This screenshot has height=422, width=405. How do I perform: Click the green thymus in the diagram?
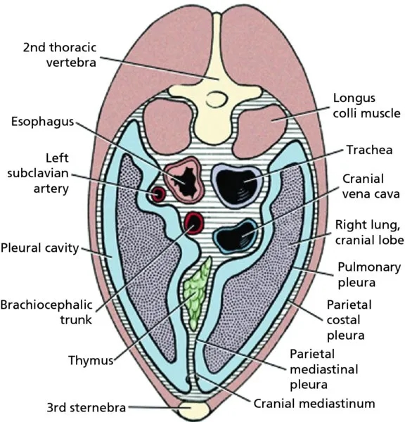click(x=196, y=293)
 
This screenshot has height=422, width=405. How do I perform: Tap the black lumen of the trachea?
click(x=236, y=186)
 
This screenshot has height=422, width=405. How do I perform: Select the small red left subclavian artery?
click(x=158, y=194)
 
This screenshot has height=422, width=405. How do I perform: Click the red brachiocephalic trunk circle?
click(x=194, y=223)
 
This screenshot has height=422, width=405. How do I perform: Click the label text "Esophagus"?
click(x=42, y=122)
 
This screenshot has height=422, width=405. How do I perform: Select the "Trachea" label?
click(x=369, y=150)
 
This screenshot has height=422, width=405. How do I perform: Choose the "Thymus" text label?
click(x=91, y=360)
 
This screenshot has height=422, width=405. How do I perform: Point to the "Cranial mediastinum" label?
click(x=314, y=404)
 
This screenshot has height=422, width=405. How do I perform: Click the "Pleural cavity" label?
click(x=40, y=248)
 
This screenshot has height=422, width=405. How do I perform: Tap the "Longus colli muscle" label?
click(x=366, y=105)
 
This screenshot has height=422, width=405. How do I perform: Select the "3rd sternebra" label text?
click(x=86, y=407)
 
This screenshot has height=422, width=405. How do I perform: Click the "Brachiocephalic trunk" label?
click(x=46, y=312)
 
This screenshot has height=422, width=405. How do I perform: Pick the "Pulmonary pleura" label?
click(x=369, y=275)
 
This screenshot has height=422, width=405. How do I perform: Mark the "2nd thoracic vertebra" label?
click(x=60, y=55)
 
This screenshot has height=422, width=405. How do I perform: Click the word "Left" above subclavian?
click(x=57, y=158)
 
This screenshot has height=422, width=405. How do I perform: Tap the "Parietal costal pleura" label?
click(x=349, y=320)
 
